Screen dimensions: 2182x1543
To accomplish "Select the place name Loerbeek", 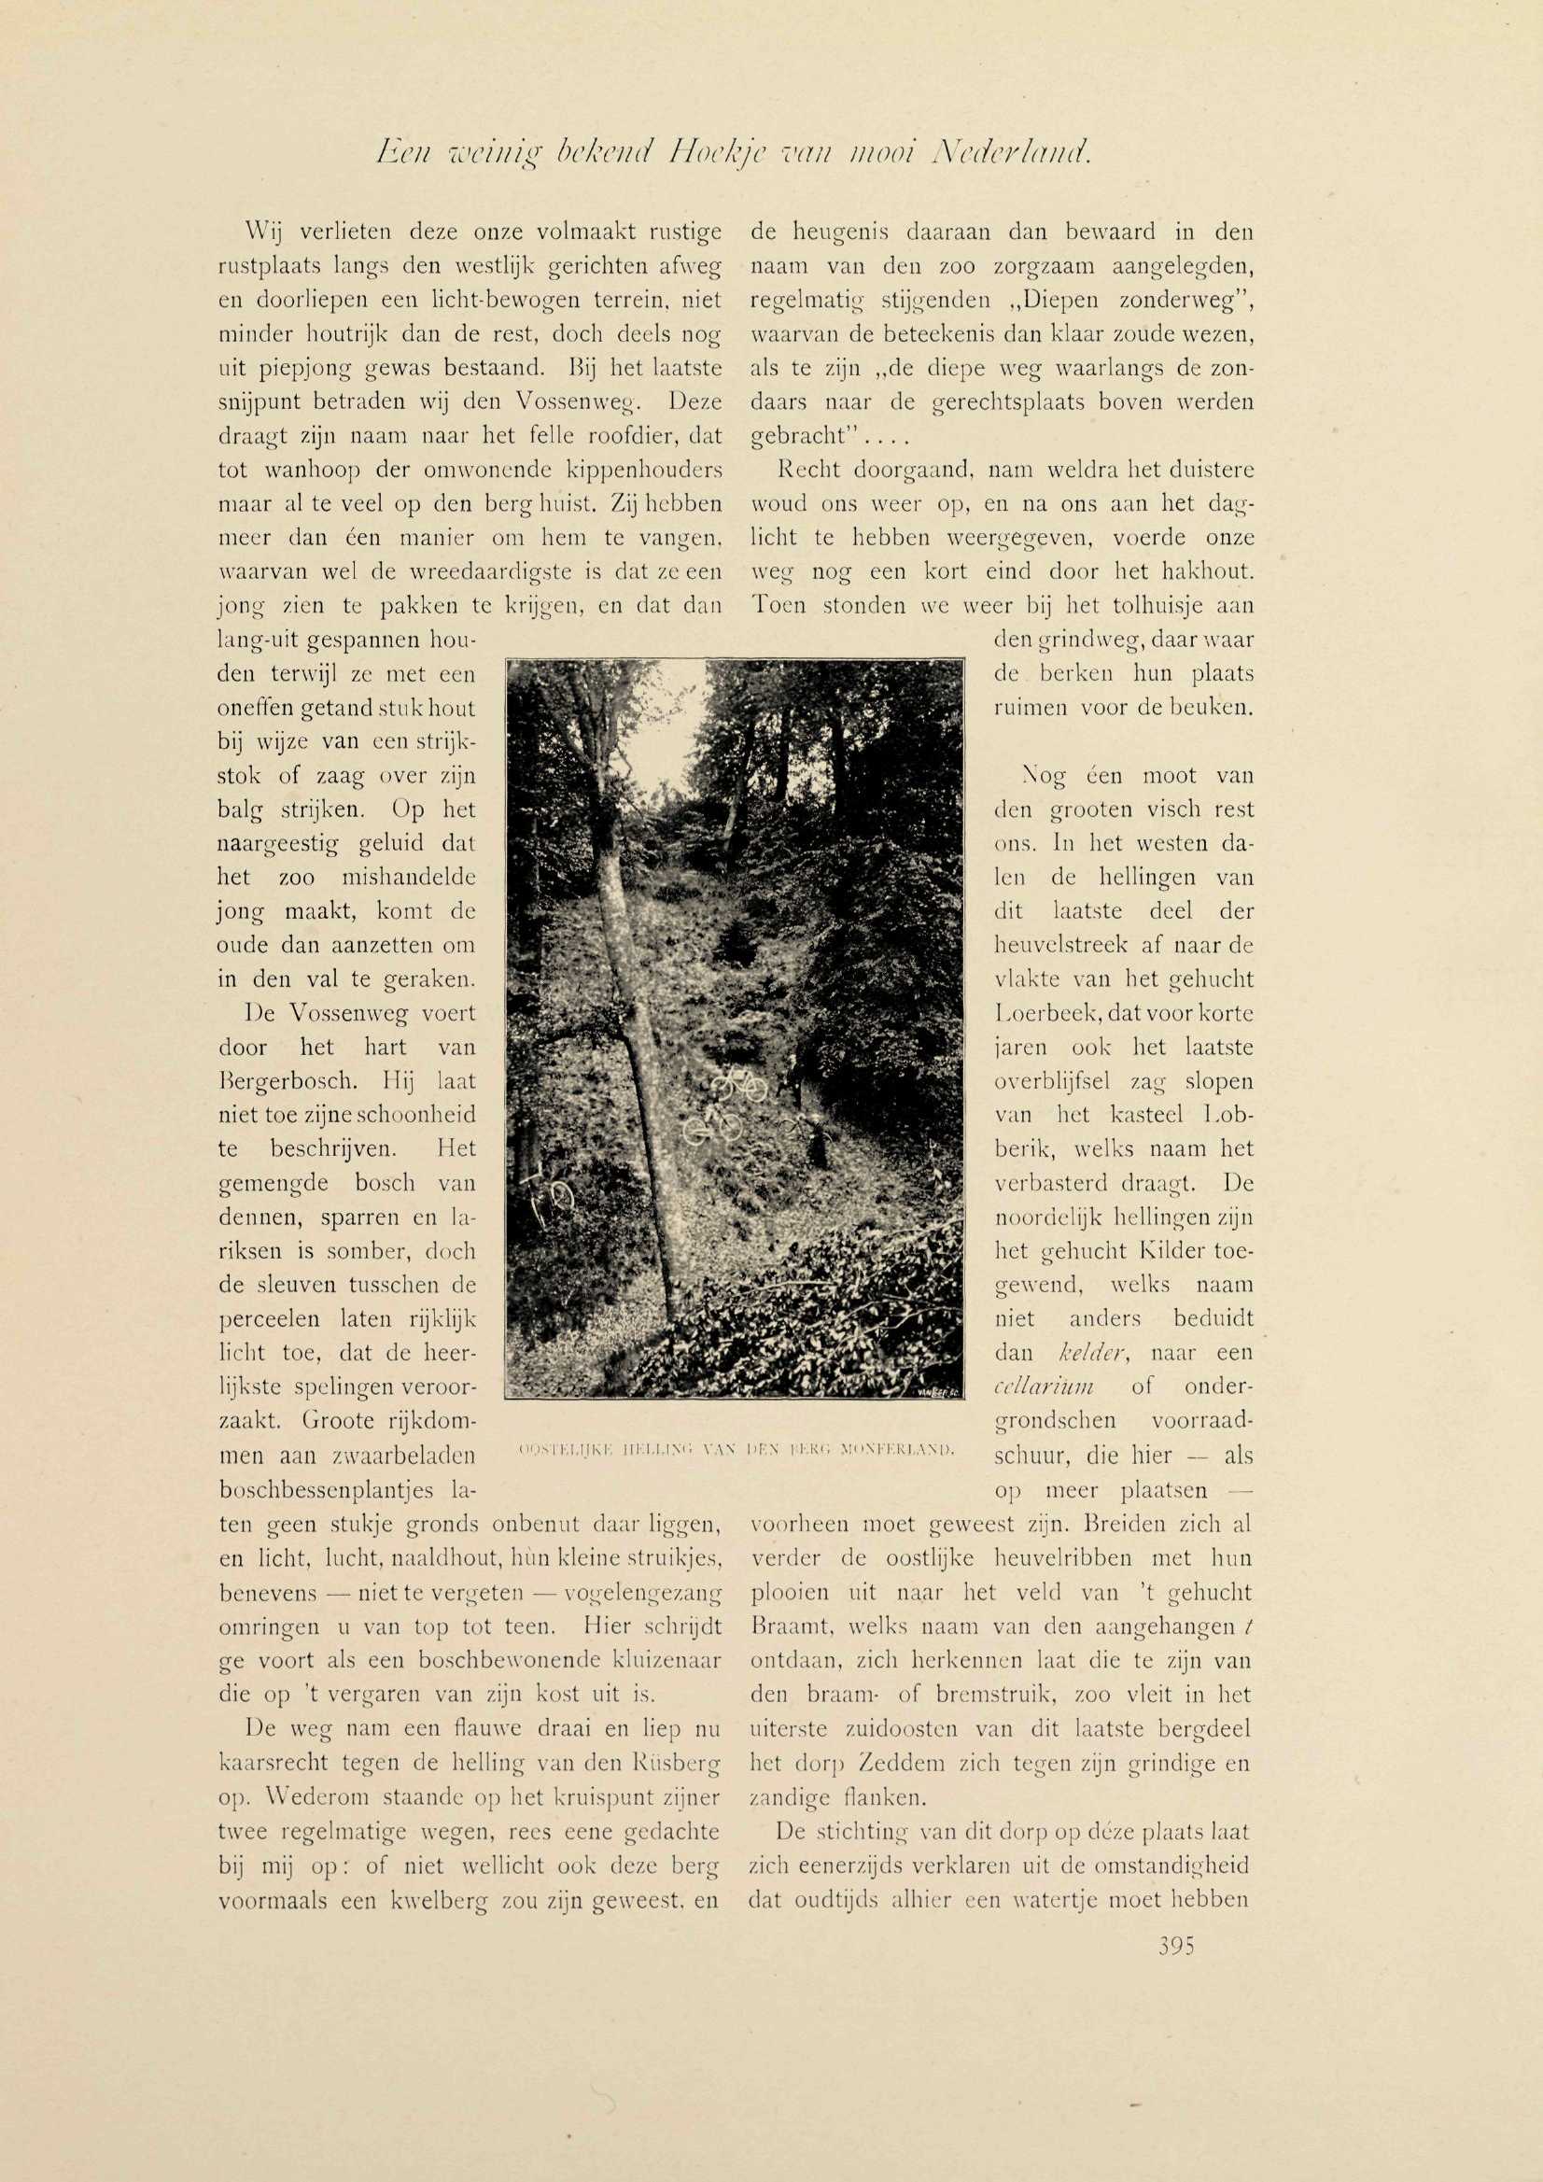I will click(x=1034, y=1014).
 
